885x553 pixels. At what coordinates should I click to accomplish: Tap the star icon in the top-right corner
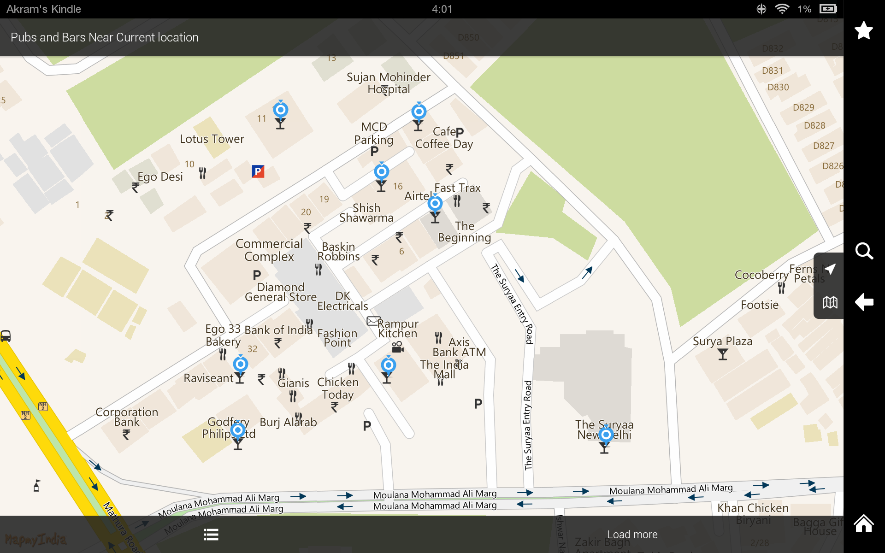point(863,31)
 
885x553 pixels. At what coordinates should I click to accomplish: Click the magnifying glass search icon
point(864,251)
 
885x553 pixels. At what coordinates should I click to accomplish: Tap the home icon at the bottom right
point(863,524)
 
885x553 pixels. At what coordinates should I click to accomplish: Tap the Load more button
point(632,535)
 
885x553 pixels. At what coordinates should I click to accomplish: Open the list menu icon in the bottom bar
point(211,535)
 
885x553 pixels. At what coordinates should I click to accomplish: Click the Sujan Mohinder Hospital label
point(388,83)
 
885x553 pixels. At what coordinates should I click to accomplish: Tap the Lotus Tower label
point(212,139)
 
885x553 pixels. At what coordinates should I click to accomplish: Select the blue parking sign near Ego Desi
point(258,171)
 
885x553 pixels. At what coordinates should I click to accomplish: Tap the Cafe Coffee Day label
point(444,138)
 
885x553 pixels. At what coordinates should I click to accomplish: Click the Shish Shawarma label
point(366,213)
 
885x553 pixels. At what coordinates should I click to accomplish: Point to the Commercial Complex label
point(269,250)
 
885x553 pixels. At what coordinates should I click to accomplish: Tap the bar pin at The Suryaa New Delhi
point(606,435)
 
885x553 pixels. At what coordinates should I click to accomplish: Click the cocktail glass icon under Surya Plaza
point(722,354)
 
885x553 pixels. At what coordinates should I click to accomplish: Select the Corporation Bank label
point(127,417)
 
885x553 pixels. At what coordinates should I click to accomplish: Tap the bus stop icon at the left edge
point(6,336)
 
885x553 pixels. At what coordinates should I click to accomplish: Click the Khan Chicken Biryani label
point(753,513)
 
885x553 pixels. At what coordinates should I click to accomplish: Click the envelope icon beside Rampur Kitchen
point(373,321)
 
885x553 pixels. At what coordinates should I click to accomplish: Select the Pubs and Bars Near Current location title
point(105,37)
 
